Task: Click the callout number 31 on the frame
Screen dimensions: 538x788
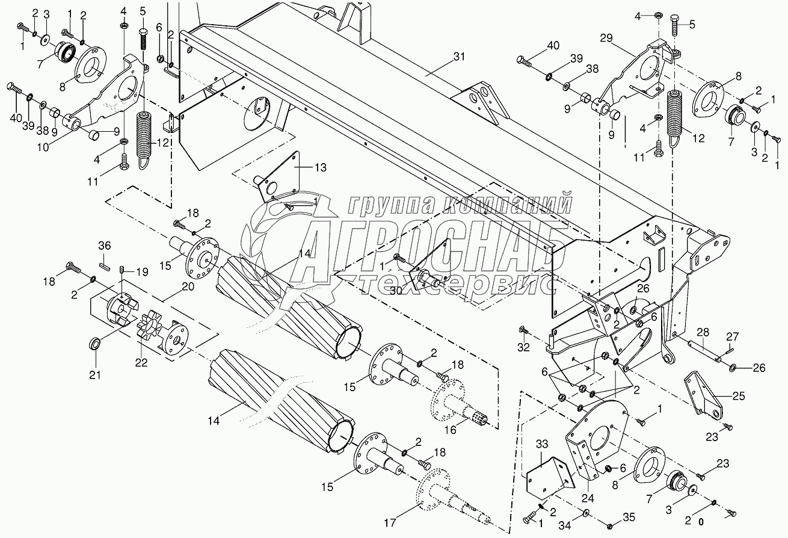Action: [459, 57]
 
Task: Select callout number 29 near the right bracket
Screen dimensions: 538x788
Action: [606, 37]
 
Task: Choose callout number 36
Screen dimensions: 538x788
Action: [104, 246]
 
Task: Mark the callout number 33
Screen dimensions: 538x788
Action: [543, 445]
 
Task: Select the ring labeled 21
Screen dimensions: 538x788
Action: [95, 344]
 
